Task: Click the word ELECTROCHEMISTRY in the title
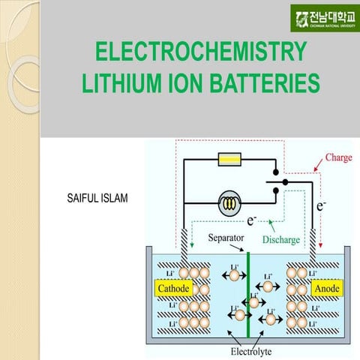click(202, 52)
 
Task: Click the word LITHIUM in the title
click(118, 82)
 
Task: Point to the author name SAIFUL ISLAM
click(97, 199)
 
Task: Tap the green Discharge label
click(281, 240)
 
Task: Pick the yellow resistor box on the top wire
click(227, 159)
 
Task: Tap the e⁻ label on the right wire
click(321, 204)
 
